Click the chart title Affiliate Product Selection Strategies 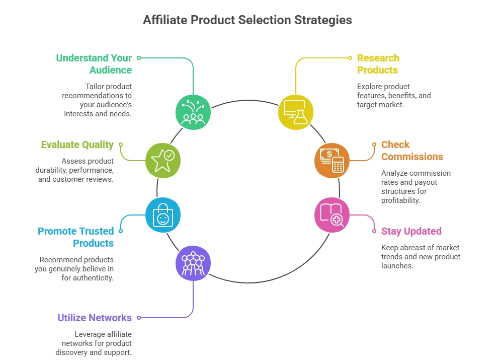point(247,20)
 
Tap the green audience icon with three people point(193,112)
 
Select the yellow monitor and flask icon point(296,112)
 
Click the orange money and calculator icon point(332,160)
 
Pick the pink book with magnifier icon point(332,215)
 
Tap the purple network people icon point(193,263)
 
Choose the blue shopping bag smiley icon point(162,215)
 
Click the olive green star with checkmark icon point(162,160)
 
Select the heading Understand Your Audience point(94,64)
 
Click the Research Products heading point(378,64)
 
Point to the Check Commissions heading point(412,151)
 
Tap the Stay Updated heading point(411,231)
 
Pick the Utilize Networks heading point(95,318)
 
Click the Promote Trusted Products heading point(76,237)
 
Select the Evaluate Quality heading point(77,145)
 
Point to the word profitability point(400,200)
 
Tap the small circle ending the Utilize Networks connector point(139,318)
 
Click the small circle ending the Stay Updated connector point(374,231)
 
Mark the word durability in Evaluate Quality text point(52,170)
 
